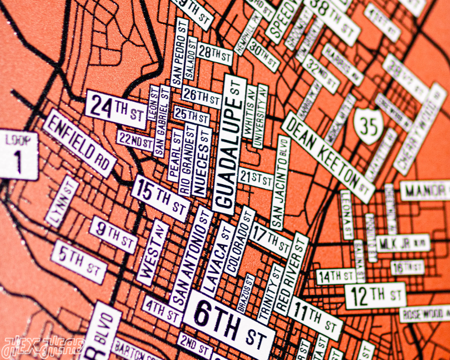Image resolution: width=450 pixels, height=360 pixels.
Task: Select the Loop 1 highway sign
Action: pyautogui.click(x=18, y=155)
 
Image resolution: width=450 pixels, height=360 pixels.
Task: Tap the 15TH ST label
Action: pyautogui.click(x=161, y=198)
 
